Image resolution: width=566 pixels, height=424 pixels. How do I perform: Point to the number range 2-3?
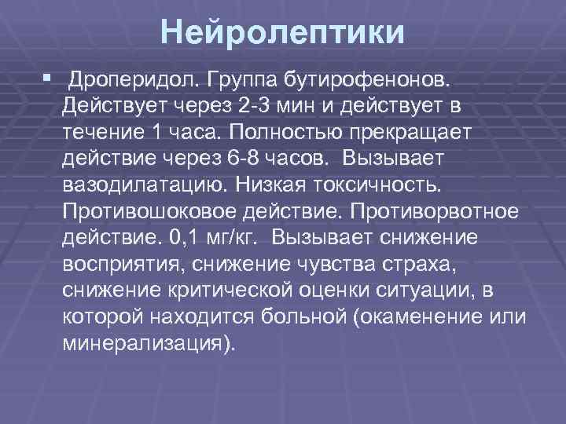tap(255, 104)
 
